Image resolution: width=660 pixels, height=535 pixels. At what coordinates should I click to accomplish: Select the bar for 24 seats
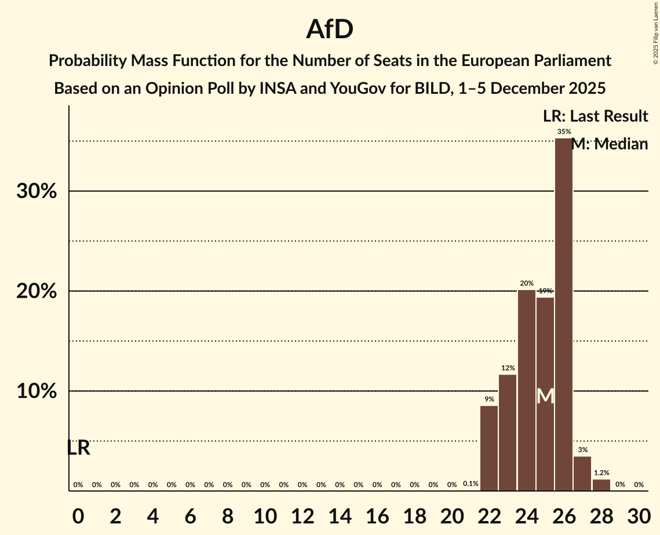(526, 390)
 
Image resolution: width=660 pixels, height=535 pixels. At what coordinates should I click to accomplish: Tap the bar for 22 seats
(489, 448)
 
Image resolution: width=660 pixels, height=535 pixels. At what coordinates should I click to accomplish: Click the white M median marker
(545, 397)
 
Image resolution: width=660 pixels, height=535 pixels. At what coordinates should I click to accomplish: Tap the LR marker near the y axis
(78, 448)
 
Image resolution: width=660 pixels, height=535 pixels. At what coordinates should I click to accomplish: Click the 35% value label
(564, 132)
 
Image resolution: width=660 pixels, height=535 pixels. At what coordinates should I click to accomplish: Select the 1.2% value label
(601, 473)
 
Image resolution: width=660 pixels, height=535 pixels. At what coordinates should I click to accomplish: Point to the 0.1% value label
(471, 484)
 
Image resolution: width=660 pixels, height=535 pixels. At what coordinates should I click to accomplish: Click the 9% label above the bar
(489, 399)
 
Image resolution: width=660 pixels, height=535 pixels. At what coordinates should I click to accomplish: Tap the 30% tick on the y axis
(37, 191)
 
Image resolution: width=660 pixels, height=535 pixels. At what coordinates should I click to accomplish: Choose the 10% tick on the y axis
(37, 391)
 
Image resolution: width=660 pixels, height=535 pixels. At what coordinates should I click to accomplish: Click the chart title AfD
(330, 30)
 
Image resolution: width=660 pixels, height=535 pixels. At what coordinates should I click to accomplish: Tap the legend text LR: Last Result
(595, 116)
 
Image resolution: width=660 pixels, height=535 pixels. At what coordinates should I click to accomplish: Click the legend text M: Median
(609, 144)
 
